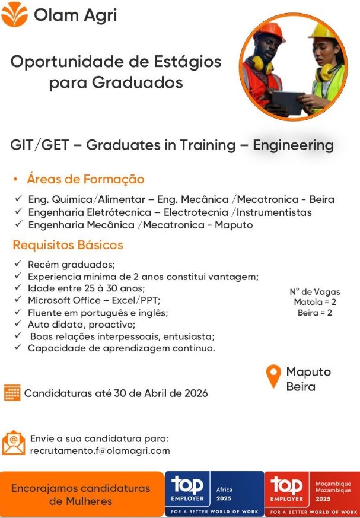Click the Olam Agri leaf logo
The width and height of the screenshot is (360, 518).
coord(15,14)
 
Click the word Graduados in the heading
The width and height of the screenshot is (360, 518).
coord(116,82)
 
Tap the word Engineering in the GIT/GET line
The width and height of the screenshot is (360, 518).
coord(293,145)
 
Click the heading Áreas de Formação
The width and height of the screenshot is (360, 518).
coord(85,179)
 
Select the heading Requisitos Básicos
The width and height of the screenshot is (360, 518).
coord(68,244)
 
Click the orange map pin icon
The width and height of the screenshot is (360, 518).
coord(273,377)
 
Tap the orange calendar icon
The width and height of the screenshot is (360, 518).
coord(12,393)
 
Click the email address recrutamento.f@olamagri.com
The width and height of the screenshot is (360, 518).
coord(100,450)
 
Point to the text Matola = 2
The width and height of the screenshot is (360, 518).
coord(314,302)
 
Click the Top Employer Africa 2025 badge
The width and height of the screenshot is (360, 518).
coord(214,492)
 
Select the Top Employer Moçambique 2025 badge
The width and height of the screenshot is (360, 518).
coord(312,492)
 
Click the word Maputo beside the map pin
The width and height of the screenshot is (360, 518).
coord(308,371)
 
